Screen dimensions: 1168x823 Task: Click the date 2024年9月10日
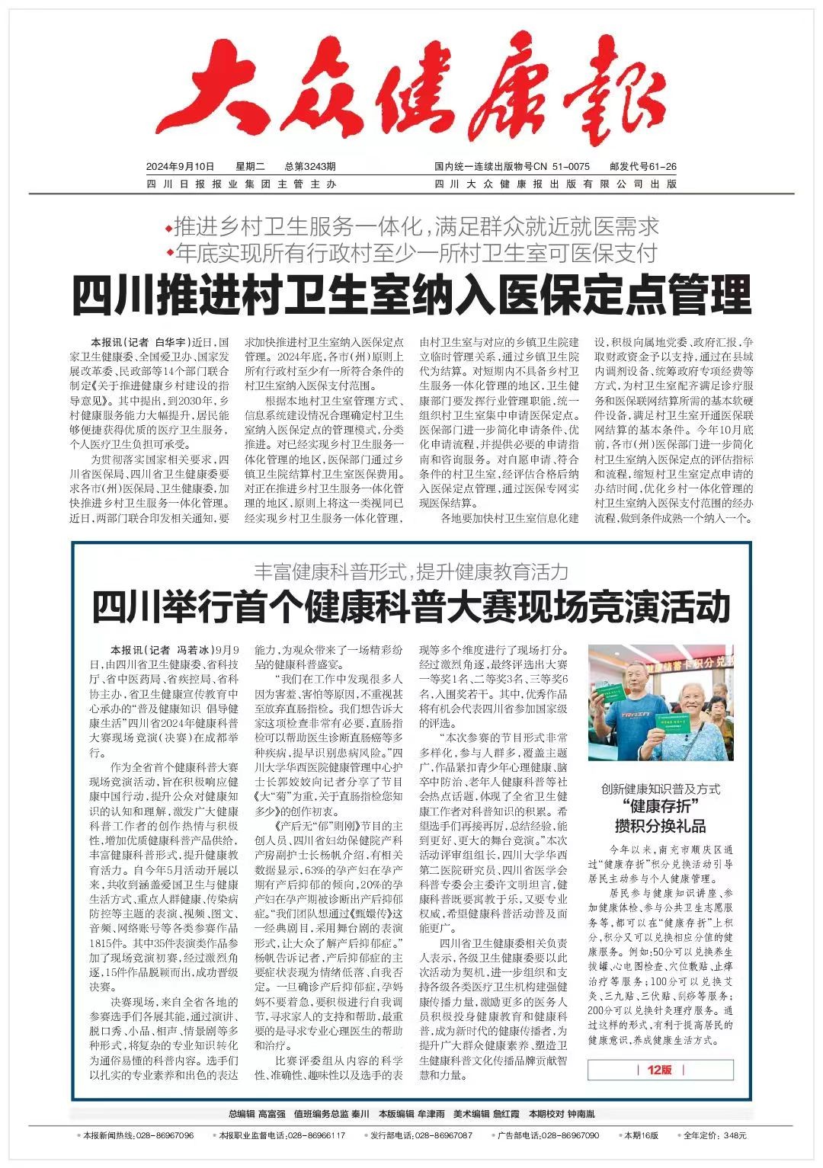point(181,166)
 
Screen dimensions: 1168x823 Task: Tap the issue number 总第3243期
point(310,166)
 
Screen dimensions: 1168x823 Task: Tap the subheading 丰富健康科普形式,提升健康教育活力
point(411,571)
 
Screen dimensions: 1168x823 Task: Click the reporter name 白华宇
point(171,342)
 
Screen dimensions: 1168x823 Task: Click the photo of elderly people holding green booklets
point(661,702)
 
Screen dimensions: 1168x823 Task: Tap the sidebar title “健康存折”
point(661,807)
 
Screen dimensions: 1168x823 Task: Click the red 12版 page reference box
point(660,1070)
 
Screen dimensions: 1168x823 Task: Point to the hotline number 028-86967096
point(165,1135)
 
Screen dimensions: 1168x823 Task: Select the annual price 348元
point(735,1135)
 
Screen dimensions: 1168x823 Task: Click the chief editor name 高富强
point(271,1114)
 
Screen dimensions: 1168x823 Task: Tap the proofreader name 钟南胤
point(581,1114)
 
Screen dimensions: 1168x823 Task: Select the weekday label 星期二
point(249,166)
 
